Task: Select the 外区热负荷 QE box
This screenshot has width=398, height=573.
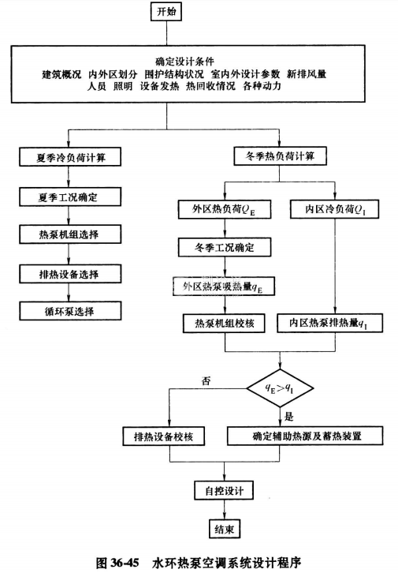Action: click(x=225, y=209)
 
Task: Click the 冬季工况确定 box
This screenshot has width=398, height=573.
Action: click(x=225, y=248)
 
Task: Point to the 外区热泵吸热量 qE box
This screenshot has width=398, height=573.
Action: click(x=225, y=286)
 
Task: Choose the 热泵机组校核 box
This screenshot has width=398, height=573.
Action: click(x=225, y=324)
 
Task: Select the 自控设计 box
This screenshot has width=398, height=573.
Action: click(x=225, y=490)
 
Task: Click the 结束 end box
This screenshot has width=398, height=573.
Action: click(x=225, y=528)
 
